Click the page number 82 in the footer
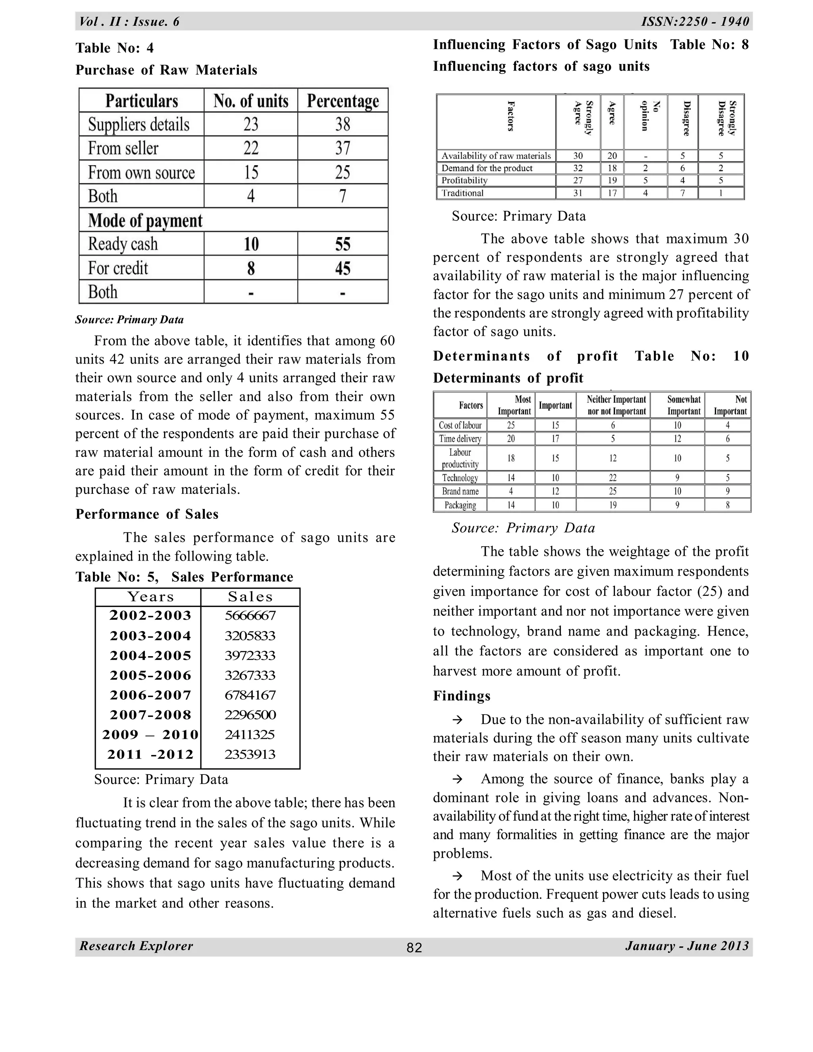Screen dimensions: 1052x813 tap(414, 948)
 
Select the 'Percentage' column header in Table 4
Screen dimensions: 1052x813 tap(343, 101)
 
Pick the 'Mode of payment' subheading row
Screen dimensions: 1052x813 tap(145, 220)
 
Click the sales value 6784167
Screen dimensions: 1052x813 tap(250, 695)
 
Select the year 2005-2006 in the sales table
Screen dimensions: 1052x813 tap(150, 675)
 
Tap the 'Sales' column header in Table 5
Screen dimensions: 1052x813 tap(250, 597)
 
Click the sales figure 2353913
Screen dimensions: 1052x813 tap(250, 754)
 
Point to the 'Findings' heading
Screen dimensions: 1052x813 tap(461, 696)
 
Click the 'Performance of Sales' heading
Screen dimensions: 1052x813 tap(147, 514)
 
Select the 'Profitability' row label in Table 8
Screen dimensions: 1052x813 tap(464, 181)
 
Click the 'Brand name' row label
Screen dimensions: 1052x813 tap(460, 491)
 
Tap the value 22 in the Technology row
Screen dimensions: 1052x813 tap(613, 478)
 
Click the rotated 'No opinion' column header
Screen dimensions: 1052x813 tap(645, 116)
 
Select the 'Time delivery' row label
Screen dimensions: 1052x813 tap(460, 439)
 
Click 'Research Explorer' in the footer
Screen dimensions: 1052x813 tap(136, 946)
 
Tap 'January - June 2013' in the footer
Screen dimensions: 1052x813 tap(687, 946)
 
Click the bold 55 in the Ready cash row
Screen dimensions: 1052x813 tap(343, 244)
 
